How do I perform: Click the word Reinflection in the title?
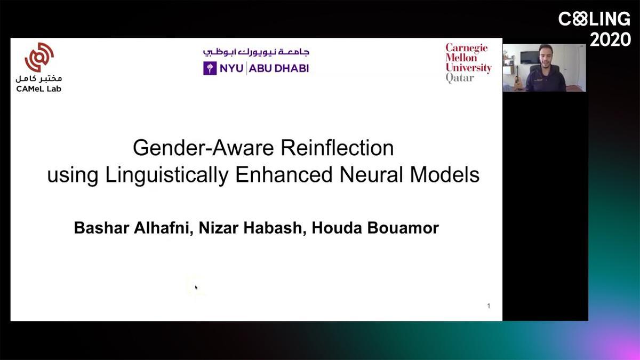coord(337,148)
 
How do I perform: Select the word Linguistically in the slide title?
coord(166,175)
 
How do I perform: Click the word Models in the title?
coord(445,174)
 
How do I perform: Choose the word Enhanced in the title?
coord(284,174)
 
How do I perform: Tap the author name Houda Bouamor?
coord(375,228)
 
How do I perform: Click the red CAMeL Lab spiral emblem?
coord(39,57)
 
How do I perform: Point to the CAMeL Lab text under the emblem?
coord(39,89)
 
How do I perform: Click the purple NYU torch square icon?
coord(210,68)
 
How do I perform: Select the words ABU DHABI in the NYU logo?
coord(279,68)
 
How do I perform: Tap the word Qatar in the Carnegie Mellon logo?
coord(460,78)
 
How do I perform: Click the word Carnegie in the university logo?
coord(467,48)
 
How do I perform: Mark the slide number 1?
coord(489,306)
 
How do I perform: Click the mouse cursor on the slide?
coord(196,287)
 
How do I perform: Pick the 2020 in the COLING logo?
coord(610,39)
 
